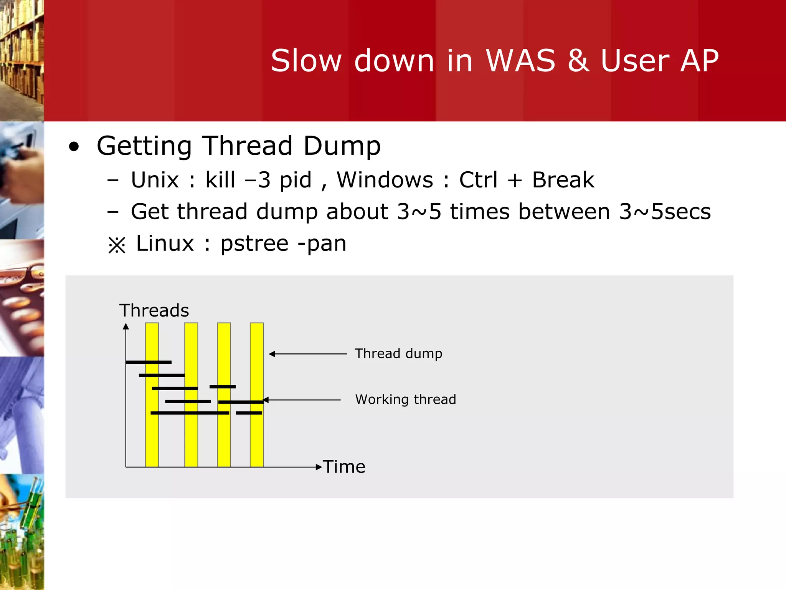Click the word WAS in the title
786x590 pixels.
click(520, 61)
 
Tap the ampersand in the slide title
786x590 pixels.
click(578, 61)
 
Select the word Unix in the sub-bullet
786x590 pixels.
click(155, 180)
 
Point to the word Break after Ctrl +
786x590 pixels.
click(563, 180)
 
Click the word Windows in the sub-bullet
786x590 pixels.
click(385, 180)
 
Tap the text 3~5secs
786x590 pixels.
click(665, 212)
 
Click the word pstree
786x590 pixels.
click(254, 244)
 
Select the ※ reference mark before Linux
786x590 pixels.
click(117, 245)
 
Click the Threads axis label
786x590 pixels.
click(154, 310)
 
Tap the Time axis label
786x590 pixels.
click(344, 467)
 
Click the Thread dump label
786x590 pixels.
click(398, 353)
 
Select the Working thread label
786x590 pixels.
click(405, 399)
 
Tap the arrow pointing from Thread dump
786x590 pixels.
click(307, 354)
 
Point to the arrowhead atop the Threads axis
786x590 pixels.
click(126, 326)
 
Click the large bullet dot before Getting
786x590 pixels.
click(74, 147)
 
